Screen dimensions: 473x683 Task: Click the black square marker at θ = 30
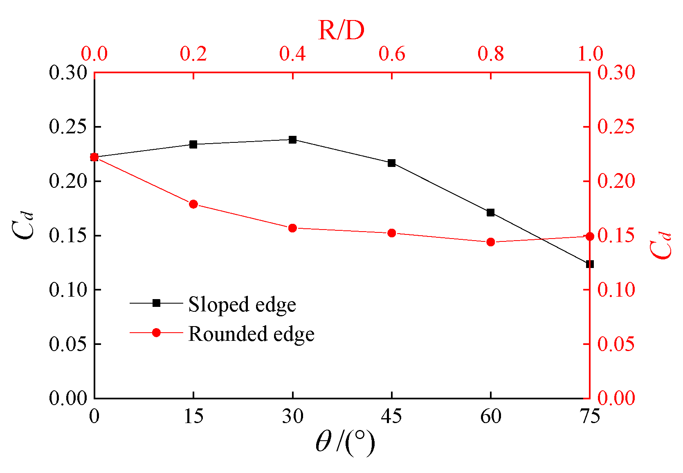[292, 140]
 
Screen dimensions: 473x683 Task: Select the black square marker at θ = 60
[490, 212]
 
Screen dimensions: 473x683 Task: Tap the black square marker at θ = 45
[391, 163]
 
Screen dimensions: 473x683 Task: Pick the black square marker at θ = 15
[193, 144]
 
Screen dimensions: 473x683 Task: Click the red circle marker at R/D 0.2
[193, 204]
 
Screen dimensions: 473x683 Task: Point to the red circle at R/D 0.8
[490, 242]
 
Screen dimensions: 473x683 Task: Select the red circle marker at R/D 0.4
[292, 228]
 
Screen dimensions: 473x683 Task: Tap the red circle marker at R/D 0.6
[391, 233]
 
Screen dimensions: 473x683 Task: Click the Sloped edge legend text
[242, 305]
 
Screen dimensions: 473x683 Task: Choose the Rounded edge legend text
[251, 334]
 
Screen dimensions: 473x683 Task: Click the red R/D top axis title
[341, 30]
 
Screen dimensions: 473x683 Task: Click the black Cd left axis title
[22, 225]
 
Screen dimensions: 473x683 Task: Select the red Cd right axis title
[660, 246]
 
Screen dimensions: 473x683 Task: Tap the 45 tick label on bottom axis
[391, 417]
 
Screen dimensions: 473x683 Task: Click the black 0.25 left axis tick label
[68, 127]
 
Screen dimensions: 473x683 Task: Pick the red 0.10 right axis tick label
[616, 290]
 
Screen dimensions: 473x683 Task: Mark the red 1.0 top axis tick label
[590, 54]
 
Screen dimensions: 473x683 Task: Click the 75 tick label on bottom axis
[589, 417]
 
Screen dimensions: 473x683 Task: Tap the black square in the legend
[156, 303]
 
